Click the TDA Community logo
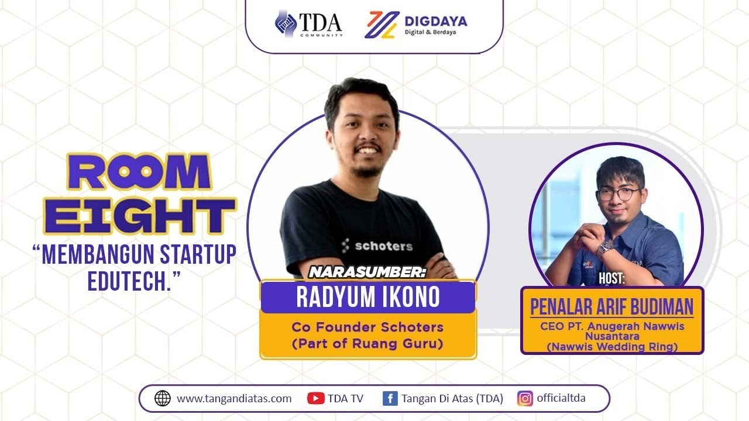[x=308, y=24]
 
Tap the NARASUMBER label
[x=367, y=272]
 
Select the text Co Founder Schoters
[x=367, y=327]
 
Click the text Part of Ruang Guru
[x=367, y=343]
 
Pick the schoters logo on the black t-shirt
[x=377, y=246]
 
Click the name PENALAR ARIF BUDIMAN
[x=611, y=306]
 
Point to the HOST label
[x=611, y=279]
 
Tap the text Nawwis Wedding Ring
[x=611, y=347]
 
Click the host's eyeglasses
[x=618, y=194]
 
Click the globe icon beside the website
[x=162, y=399]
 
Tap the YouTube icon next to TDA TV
[x=316, y=399]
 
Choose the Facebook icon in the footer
[x=390, y=399]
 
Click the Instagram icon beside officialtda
[x=525, y=399]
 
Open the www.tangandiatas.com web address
[x=234, y=399]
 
